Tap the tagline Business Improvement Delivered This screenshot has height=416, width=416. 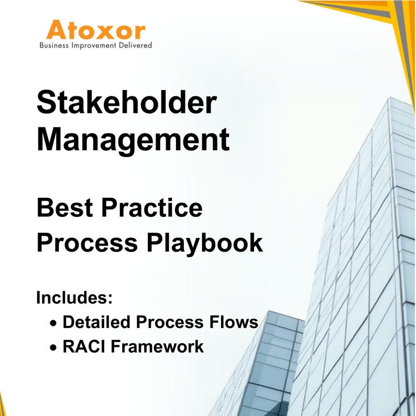point(96,46)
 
